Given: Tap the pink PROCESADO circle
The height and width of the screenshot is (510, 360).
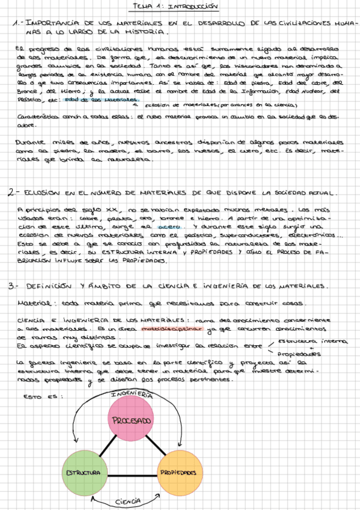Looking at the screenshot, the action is coord(132,421).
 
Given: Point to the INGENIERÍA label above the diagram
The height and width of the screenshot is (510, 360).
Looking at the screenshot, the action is coord(131,395).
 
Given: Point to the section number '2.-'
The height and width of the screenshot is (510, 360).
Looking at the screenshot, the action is coord(15,194).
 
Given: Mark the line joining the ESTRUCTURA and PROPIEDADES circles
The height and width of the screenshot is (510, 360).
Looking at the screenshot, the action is coord(131,473).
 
